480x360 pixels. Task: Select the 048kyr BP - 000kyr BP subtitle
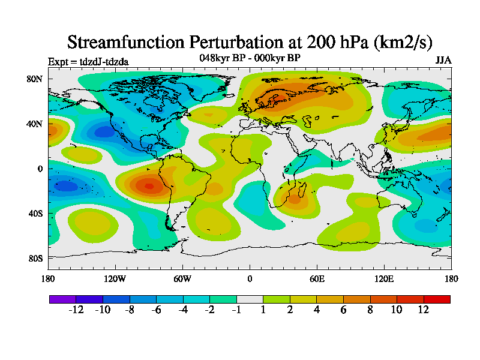250,58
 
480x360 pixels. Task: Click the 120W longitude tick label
115,278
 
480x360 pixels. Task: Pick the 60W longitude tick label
182,278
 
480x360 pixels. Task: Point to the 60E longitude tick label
317,278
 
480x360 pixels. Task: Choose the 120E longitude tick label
384,278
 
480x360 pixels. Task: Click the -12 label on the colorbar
76,310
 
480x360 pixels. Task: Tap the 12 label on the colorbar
423,310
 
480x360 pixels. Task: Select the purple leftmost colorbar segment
62,299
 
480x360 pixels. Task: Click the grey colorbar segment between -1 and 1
250,299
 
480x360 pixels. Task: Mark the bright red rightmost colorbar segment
437,299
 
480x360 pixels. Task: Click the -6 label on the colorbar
156,310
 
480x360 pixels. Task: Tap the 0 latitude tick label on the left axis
40,169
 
